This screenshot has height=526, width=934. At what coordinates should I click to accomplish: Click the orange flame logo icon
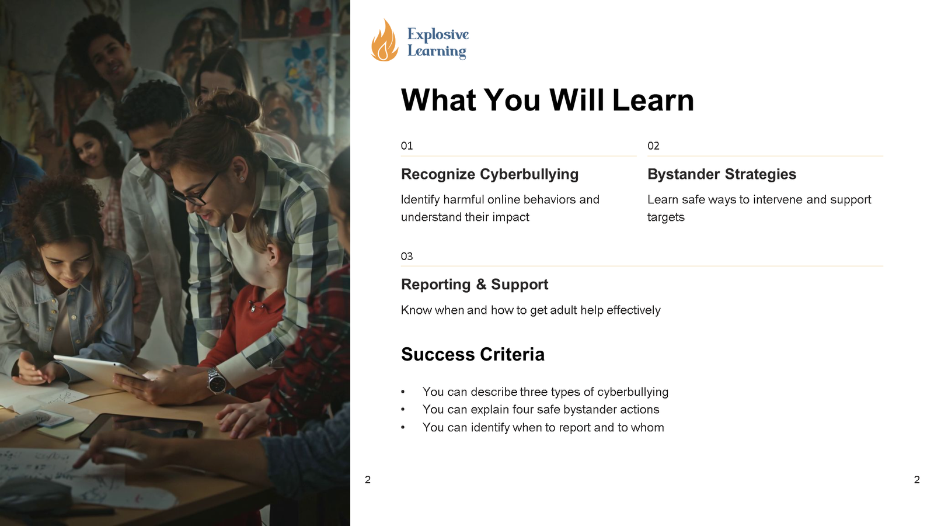point(385,40)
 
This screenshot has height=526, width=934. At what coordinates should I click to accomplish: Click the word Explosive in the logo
point(438,34)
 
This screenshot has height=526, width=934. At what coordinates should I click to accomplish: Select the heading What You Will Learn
point(547,100)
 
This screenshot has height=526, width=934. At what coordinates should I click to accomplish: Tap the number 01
point(406,146)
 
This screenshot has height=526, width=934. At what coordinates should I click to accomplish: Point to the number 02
point(653,146)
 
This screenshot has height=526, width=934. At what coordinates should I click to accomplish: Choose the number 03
point(406,256)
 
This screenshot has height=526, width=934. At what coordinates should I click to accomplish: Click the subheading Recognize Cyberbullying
point(490,174)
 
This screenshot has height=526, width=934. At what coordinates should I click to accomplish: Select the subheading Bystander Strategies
point(722,174)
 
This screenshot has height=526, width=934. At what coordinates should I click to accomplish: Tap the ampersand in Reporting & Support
point(481,284)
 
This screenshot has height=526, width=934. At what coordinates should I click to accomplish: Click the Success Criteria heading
point(472,354)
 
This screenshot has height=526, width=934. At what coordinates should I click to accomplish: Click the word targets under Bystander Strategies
point(666,217)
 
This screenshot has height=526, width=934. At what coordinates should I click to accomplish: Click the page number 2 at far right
point(916,480)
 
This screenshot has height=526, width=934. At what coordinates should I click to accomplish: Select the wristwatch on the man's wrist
point(217,380)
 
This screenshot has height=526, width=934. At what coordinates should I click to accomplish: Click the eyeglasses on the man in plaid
point(196,191)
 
